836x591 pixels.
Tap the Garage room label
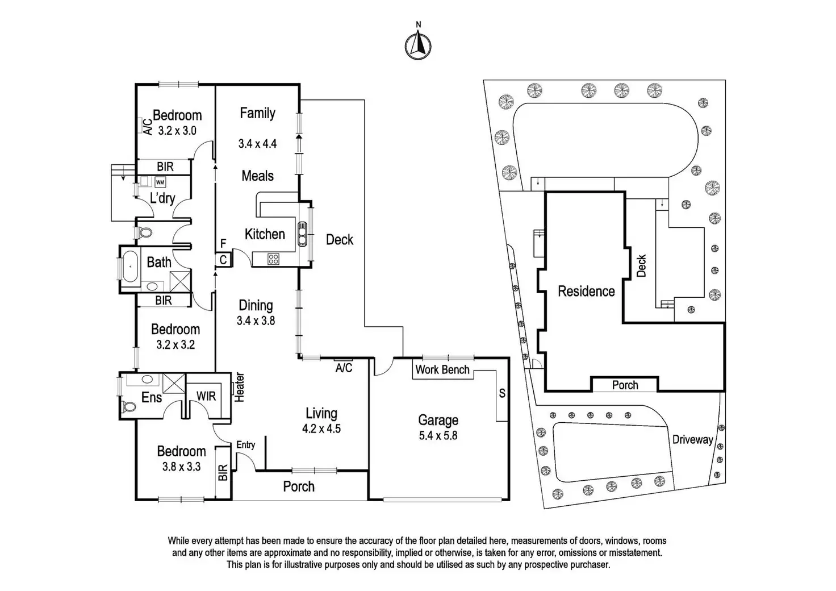click(438, 421)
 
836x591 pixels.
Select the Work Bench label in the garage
click(442, 370)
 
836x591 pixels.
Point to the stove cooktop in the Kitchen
click(273, 260)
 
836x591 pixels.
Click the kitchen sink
click(302, 233)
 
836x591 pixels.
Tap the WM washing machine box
click(160, 182)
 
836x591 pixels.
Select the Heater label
click(240, 388)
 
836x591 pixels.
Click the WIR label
click(206, 396)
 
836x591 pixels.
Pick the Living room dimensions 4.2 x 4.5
click(321, 429)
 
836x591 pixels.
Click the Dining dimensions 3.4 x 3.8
click(256, 321)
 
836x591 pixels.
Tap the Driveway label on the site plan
click(692, 439)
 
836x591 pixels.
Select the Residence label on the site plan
click(586, 292)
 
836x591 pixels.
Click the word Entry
click(245, 445)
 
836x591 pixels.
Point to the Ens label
click(152, 398)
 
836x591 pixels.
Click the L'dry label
click(162, 198)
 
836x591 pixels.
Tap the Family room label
click(257, 113)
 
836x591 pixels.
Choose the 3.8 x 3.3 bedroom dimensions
click(181, 467)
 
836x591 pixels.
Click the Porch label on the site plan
click(625, 385)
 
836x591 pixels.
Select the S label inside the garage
click(502, 393)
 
